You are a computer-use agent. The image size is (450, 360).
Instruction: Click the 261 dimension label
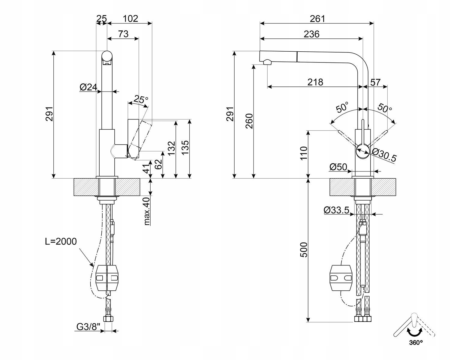pos(317,19)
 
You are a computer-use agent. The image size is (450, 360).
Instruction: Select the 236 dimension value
pos(311,34)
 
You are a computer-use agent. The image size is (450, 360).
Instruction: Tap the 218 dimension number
pos(315,82)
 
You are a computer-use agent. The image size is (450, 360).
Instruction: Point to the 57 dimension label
pos(375,82)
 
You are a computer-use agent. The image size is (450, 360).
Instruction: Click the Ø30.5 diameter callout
pos(384,155)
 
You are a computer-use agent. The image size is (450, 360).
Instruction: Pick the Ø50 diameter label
pos(338,167)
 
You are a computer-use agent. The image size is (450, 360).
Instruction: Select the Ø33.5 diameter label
pos(336,210)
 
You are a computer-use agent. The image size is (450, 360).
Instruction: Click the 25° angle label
pos(141,99)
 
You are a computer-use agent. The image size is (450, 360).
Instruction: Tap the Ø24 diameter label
pos(88,87)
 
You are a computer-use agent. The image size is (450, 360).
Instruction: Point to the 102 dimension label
pos(130,19)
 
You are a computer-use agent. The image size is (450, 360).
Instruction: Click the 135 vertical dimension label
pos(185,147)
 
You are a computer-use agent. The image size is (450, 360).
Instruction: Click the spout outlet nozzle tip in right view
pos(267,62)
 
